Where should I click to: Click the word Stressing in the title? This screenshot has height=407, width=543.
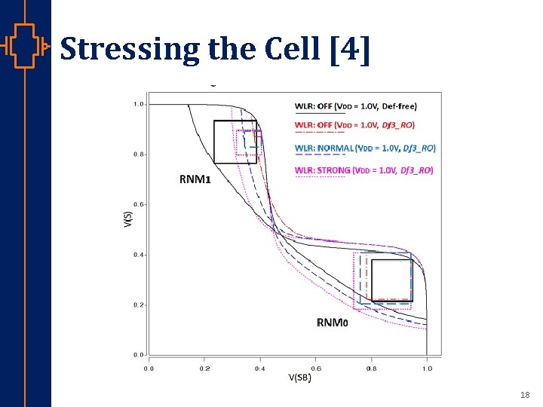[127, 49]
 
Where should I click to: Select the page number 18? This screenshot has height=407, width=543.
[525, 395]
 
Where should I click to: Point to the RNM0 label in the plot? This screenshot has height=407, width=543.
[332, 323]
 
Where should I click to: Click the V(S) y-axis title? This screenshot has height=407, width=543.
[129, 220]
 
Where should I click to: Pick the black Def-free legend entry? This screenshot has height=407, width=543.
[355, 106]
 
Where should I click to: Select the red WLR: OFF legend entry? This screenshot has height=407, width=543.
[354, 124]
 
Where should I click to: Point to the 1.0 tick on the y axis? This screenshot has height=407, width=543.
[140, 104]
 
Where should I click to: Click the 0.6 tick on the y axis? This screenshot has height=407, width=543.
[140, 204]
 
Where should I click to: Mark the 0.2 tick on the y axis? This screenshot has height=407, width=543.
[140, 304]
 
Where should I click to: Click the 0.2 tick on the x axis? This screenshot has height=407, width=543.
[204, 369]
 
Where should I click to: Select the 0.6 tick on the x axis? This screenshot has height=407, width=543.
[315, 369]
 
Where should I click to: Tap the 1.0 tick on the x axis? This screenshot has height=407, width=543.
[427, 369]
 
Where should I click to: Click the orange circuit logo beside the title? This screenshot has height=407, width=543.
[26, 47]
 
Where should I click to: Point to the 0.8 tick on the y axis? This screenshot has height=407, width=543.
[140, 155]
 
